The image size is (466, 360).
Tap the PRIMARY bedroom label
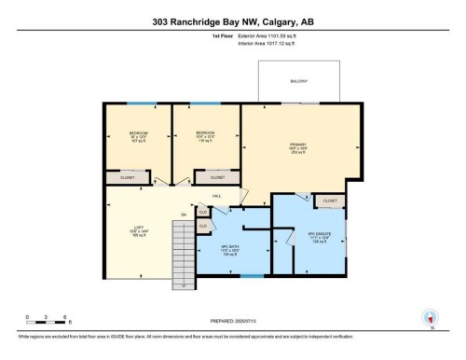pyautogui.click(x=298, y=145)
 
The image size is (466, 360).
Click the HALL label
pyautogui.click(x=216, y=197)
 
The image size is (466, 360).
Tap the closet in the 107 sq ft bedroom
pyautogui.click(x=126, y=177)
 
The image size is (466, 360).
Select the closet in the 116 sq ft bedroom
pyautogui.click(x=216, y=177)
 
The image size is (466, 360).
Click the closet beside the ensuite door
pyautogui.click(x=330, y=201)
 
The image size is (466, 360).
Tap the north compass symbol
pyautogui.click(x=429, y=317)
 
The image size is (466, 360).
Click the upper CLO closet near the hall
pyautogui.click(x=203, y=213)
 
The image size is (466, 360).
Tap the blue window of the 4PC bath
pyautogui.click(x=251, y=277)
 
